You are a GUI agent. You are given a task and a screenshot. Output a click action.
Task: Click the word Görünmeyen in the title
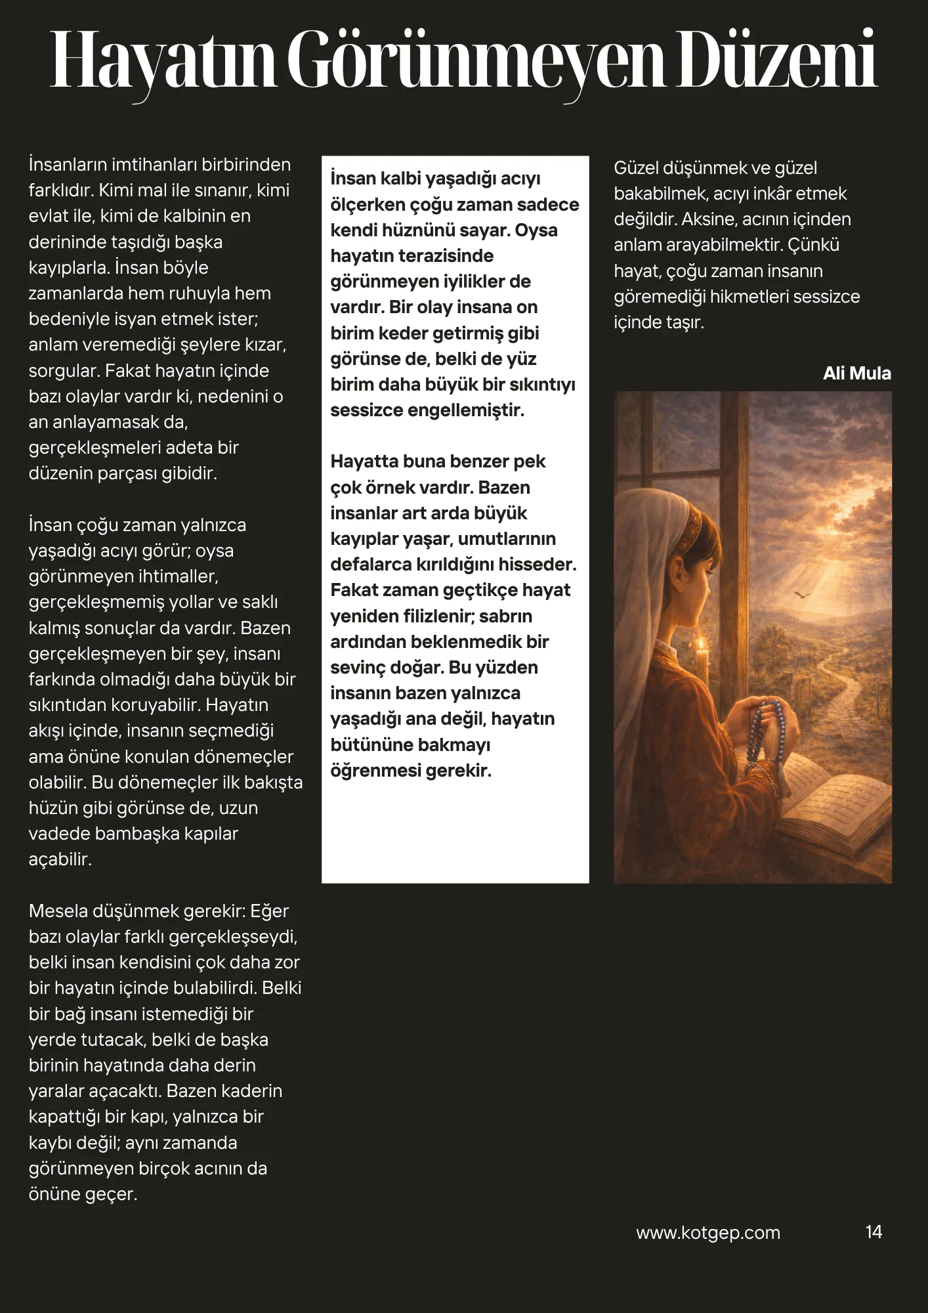coord(476,60)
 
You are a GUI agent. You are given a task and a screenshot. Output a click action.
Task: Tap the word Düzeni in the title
coord(777,60)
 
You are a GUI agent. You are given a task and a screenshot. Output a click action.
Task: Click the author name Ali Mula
coord(856,374)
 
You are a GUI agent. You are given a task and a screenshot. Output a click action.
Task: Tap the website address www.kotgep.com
coord(708,1233)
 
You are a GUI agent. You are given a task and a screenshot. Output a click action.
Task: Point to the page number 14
coord(874,1232)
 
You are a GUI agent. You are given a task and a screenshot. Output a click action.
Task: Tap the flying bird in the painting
coord(802,594)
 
